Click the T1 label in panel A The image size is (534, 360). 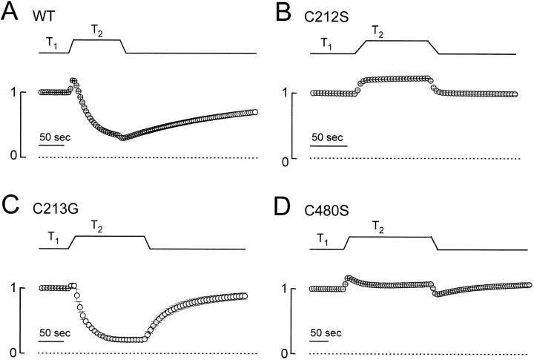50,44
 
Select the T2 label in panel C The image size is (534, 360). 97,224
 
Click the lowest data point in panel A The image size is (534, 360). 124,138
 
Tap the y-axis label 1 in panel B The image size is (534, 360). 286,93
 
